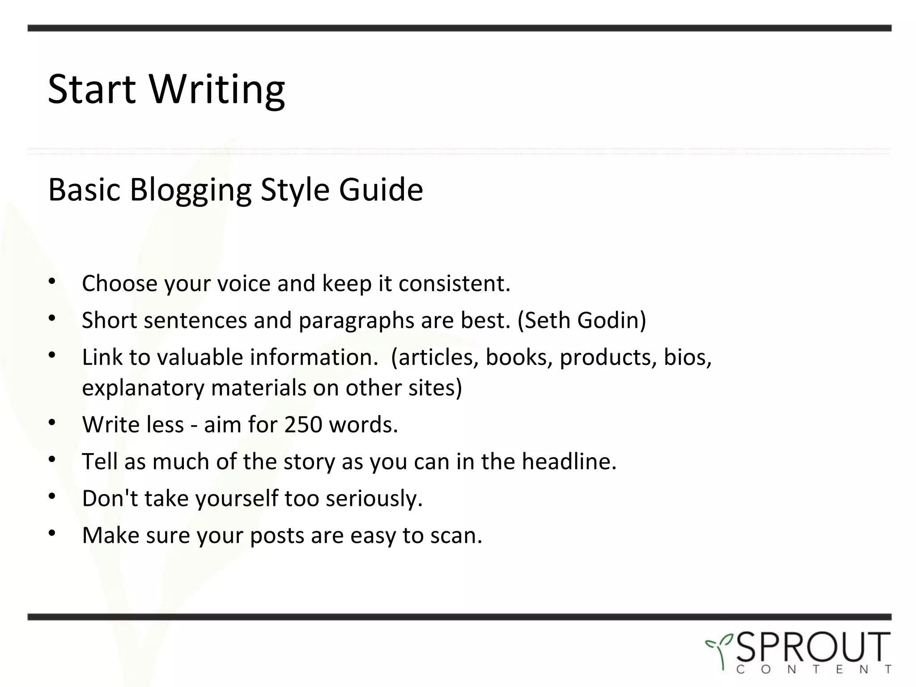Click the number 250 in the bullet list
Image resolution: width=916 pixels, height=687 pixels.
303,424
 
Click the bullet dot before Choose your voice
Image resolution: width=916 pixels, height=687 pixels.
52,281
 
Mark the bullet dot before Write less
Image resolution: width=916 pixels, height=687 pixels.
52,422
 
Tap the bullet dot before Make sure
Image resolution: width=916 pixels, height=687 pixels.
52,533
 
